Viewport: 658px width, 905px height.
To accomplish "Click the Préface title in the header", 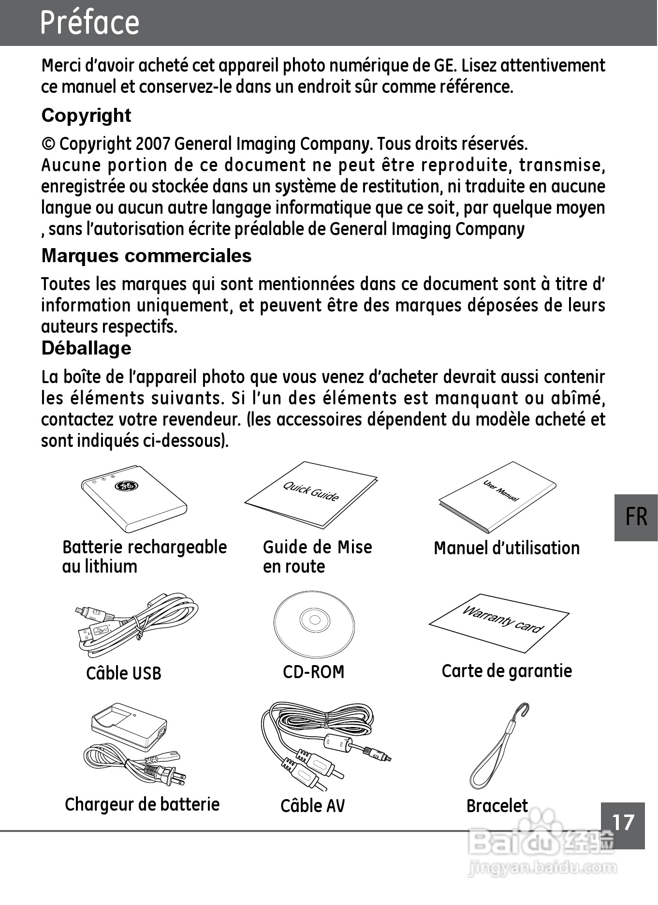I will [x=89, y=22].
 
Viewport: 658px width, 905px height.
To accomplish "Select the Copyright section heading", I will [x=86, y=116].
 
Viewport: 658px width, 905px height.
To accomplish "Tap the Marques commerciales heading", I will [x=146, y=256].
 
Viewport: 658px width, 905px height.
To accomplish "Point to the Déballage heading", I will [x=86, y=348].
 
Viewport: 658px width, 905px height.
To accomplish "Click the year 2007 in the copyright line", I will [x=153, y=144].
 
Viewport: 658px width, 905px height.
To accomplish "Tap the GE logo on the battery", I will [x=126, y=486].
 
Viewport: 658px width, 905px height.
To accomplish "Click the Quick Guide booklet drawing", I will [x=311, y=494].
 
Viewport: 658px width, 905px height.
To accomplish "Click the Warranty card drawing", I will [x=499, y=622].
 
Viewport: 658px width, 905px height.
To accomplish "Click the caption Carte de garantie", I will [x=506, y=671].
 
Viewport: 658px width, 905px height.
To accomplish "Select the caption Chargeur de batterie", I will [x=142, y=804].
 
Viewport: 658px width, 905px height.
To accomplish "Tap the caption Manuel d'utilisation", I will [x=506, y=548].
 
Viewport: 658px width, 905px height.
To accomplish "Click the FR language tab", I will [x=635, y=517].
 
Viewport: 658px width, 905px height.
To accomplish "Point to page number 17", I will [x=623, y=822].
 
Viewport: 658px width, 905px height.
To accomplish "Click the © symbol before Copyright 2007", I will [x=48, y=144].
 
